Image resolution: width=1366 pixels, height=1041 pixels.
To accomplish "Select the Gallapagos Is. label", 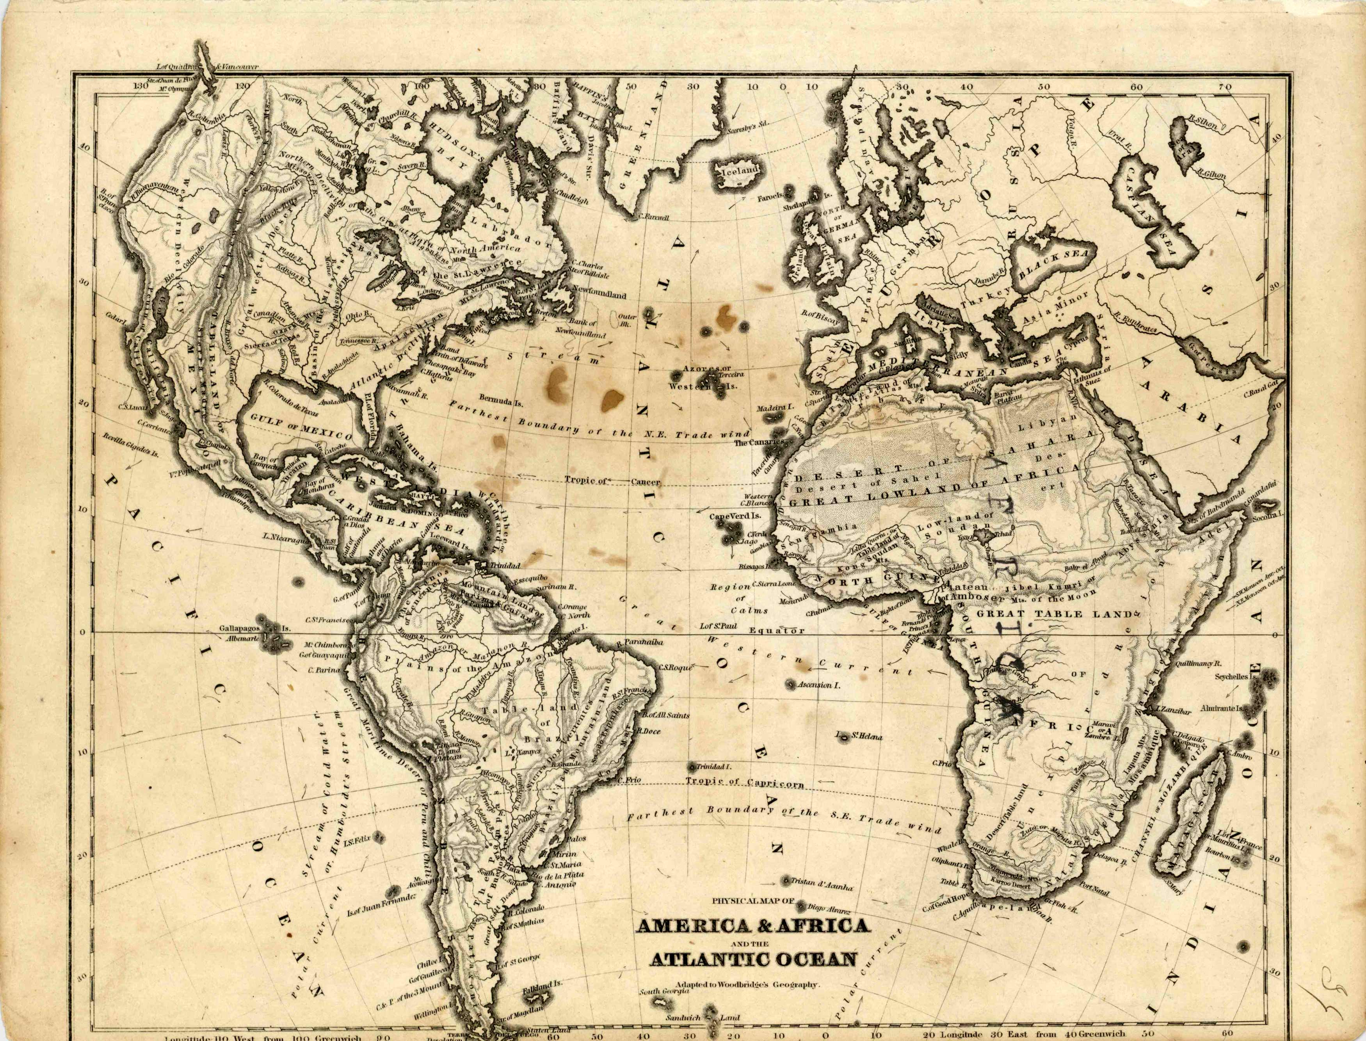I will click(254, 628).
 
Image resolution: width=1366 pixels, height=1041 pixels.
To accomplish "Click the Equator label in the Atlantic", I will click(777, 631).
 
